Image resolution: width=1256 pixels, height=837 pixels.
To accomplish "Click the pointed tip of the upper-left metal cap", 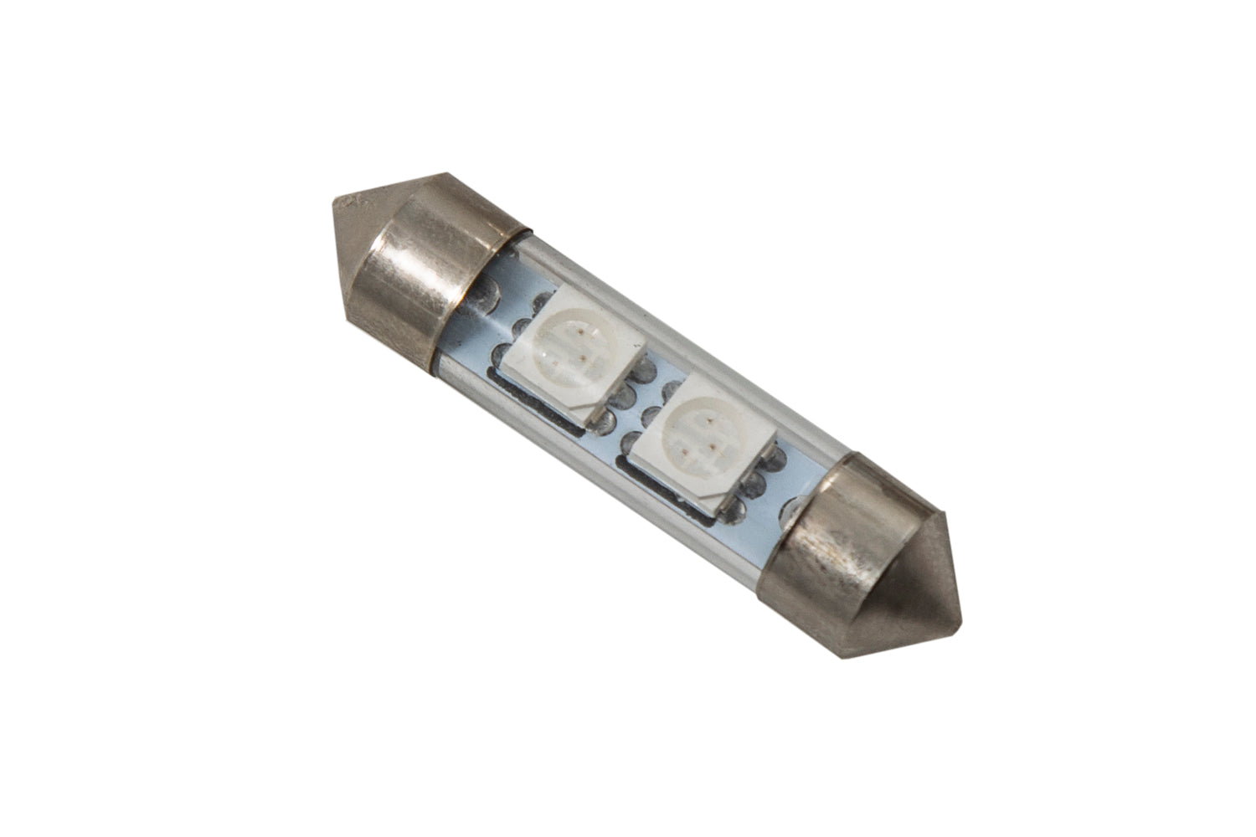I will (x=340, y=203).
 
